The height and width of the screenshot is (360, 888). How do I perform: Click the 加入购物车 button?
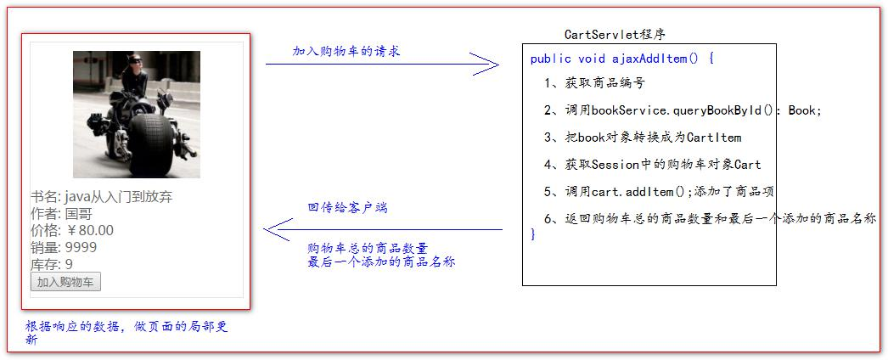(65, 282)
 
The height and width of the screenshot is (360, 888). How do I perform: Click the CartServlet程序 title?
(615, 35)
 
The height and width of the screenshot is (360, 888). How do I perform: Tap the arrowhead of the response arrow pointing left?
(277, 229)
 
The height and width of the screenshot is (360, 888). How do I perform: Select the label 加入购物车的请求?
(346, 51)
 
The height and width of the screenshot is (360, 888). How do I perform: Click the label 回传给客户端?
(347, 207)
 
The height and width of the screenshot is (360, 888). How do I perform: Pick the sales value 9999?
(81, 247)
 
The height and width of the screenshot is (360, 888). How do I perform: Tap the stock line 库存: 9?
(52, 264)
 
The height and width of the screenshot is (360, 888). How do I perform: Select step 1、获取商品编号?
(594, 83)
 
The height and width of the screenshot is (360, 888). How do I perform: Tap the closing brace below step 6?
(533, 234)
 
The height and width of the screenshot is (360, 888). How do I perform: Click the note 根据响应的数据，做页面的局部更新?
(126, 332)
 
